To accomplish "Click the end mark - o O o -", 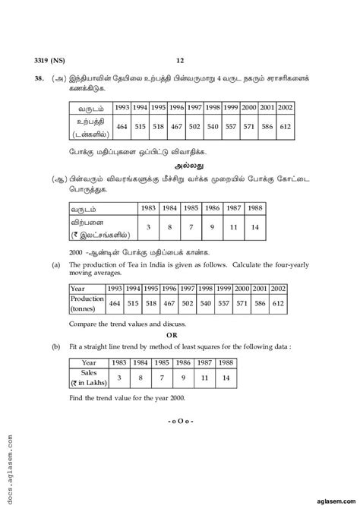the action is [x=180, y=441].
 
